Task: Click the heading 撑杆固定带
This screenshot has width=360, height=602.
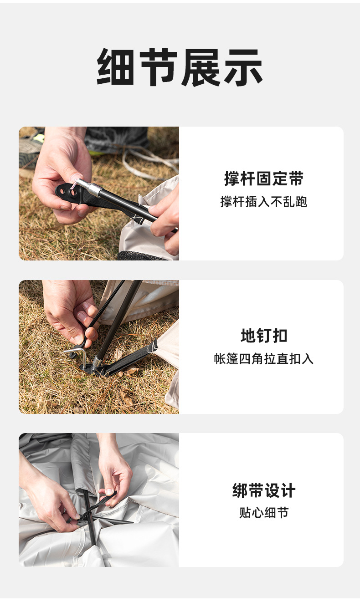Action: (x=263, y=179)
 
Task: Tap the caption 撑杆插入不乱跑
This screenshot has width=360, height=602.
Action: (x=263, y=202)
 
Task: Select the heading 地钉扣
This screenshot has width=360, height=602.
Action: (x=263, y=336)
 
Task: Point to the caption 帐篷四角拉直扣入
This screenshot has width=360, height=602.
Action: (x=263, y=359)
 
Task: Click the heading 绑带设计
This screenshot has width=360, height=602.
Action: (x=263, y=491)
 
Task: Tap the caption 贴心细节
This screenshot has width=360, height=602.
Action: (x=263, y=513)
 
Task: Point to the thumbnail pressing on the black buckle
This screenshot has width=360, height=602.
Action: (x=77, y=180)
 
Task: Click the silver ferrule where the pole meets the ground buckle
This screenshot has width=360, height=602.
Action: (x=96, y=362)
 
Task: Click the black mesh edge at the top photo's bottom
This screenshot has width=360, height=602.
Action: (x=141, y=255)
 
